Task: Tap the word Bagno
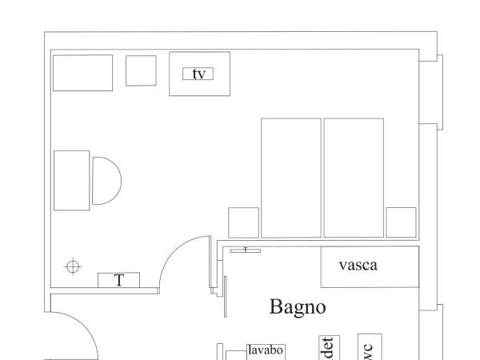tap(298, 306)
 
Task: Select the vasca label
tap(358, 265)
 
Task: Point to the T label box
tap(119, 280)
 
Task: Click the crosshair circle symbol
tap(73, 266)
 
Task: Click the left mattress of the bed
tap(291, 178)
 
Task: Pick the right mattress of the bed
tap(354, 178)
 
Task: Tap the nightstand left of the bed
tap(243, 222)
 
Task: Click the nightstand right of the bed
tap(401, 222)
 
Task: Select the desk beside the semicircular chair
tap(71, 180)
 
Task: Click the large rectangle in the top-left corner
tap(82, 73)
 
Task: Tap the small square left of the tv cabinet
tap(141, 70)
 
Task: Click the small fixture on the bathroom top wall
tap(245, 250)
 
